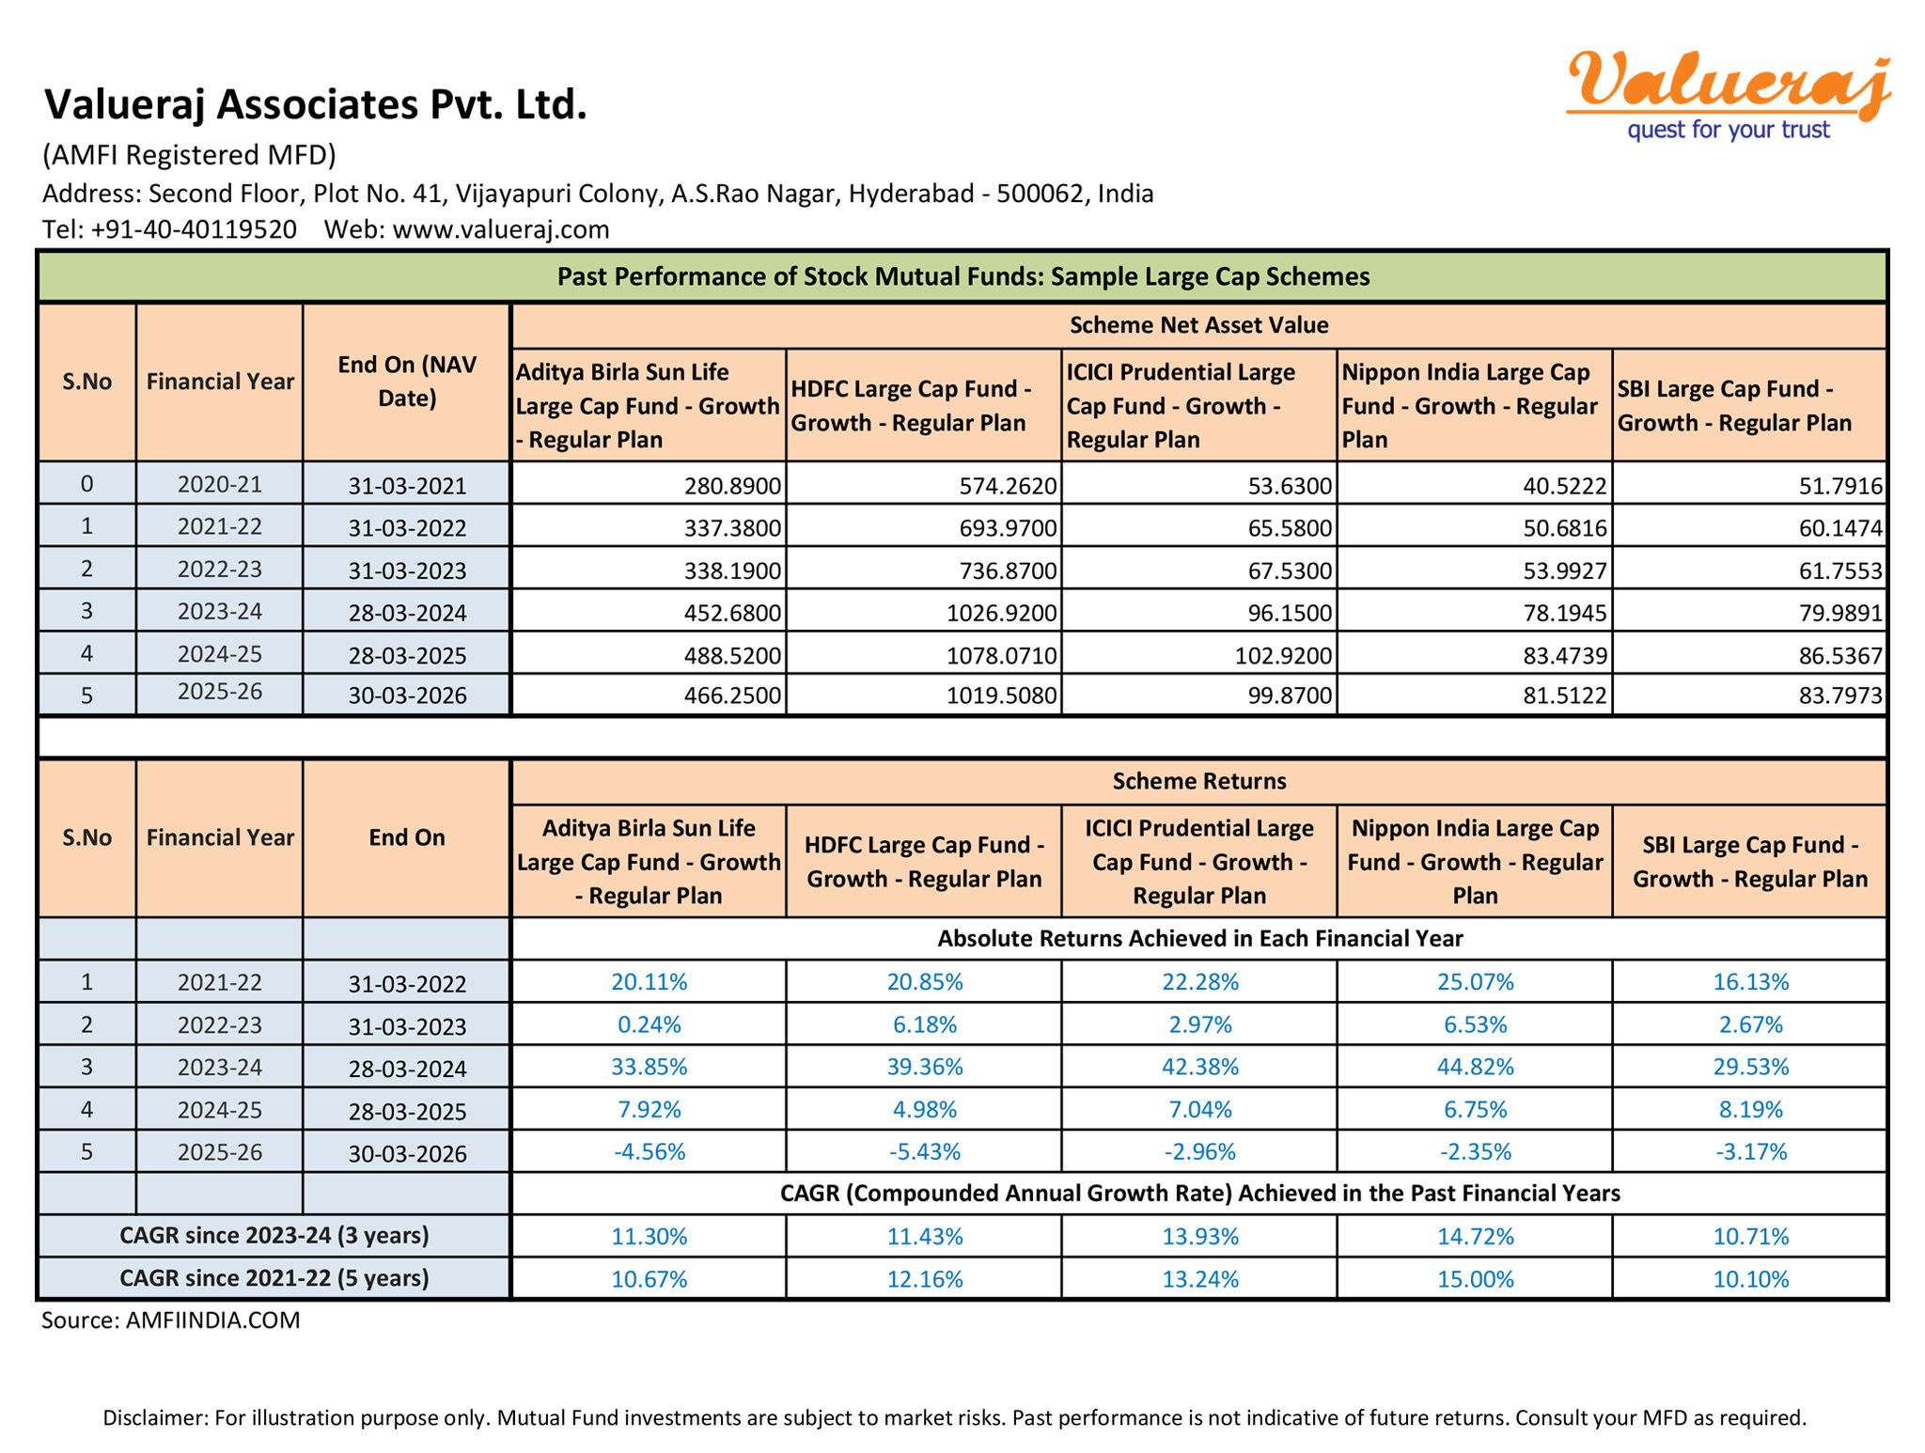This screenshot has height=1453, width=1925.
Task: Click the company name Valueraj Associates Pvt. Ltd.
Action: [x=316, y=104]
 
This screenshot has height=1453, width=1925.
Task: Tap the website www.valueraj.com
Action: [x=500, y=229]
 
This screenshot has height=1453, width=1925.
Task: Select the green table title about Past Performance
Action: [x=962, y=276]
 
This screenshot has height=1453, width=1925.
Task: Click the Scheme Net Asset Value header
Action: [x=1198, y=325]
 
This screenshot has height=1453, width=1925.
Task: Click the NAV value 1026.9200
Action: [x=1001, y=613]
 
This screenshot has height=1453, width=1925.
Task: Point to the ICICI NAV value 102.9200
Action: [x=1282, y=655]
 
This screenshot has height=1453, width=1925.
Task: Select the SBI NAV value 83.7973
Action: [x=1840, y=695]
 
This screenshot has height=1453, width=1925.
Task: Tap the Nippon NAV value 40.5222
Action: [x=1564, y=486]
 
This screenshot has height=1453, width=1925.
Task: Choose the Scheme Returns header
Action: [x=1198, y=781]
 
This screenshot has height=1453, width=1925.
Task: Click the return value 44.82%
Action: [x=1475, y=1067]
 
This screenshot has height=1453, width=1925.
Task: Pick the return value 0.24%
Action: [x=649, y=1024]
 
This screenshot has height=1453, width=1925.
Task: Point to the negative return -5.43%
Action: [x=924, y=1151]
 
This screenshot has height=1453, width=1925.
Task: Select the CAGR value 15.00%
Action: [x=1475, y=1279]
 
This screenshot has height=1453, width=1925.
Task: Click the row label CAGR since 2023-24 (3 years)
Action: [x=274, y=1236]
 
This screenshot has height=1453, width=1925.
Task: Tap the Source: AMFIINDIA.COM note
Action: [x=171, y=1320]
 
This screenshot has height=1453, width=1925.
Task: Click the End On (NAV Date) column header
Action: [x=406, y=382]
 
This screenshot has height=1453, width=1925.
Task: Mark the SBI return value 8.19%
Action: [x=1750, y=1109]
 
